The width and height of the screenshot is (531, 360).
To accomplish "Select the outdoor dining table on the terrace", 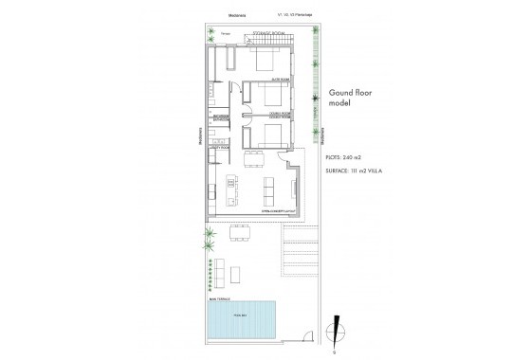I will (x=240, y=232).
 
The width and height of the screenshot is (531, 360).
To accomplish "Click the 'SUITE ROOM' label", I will (x=280, y=81).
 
